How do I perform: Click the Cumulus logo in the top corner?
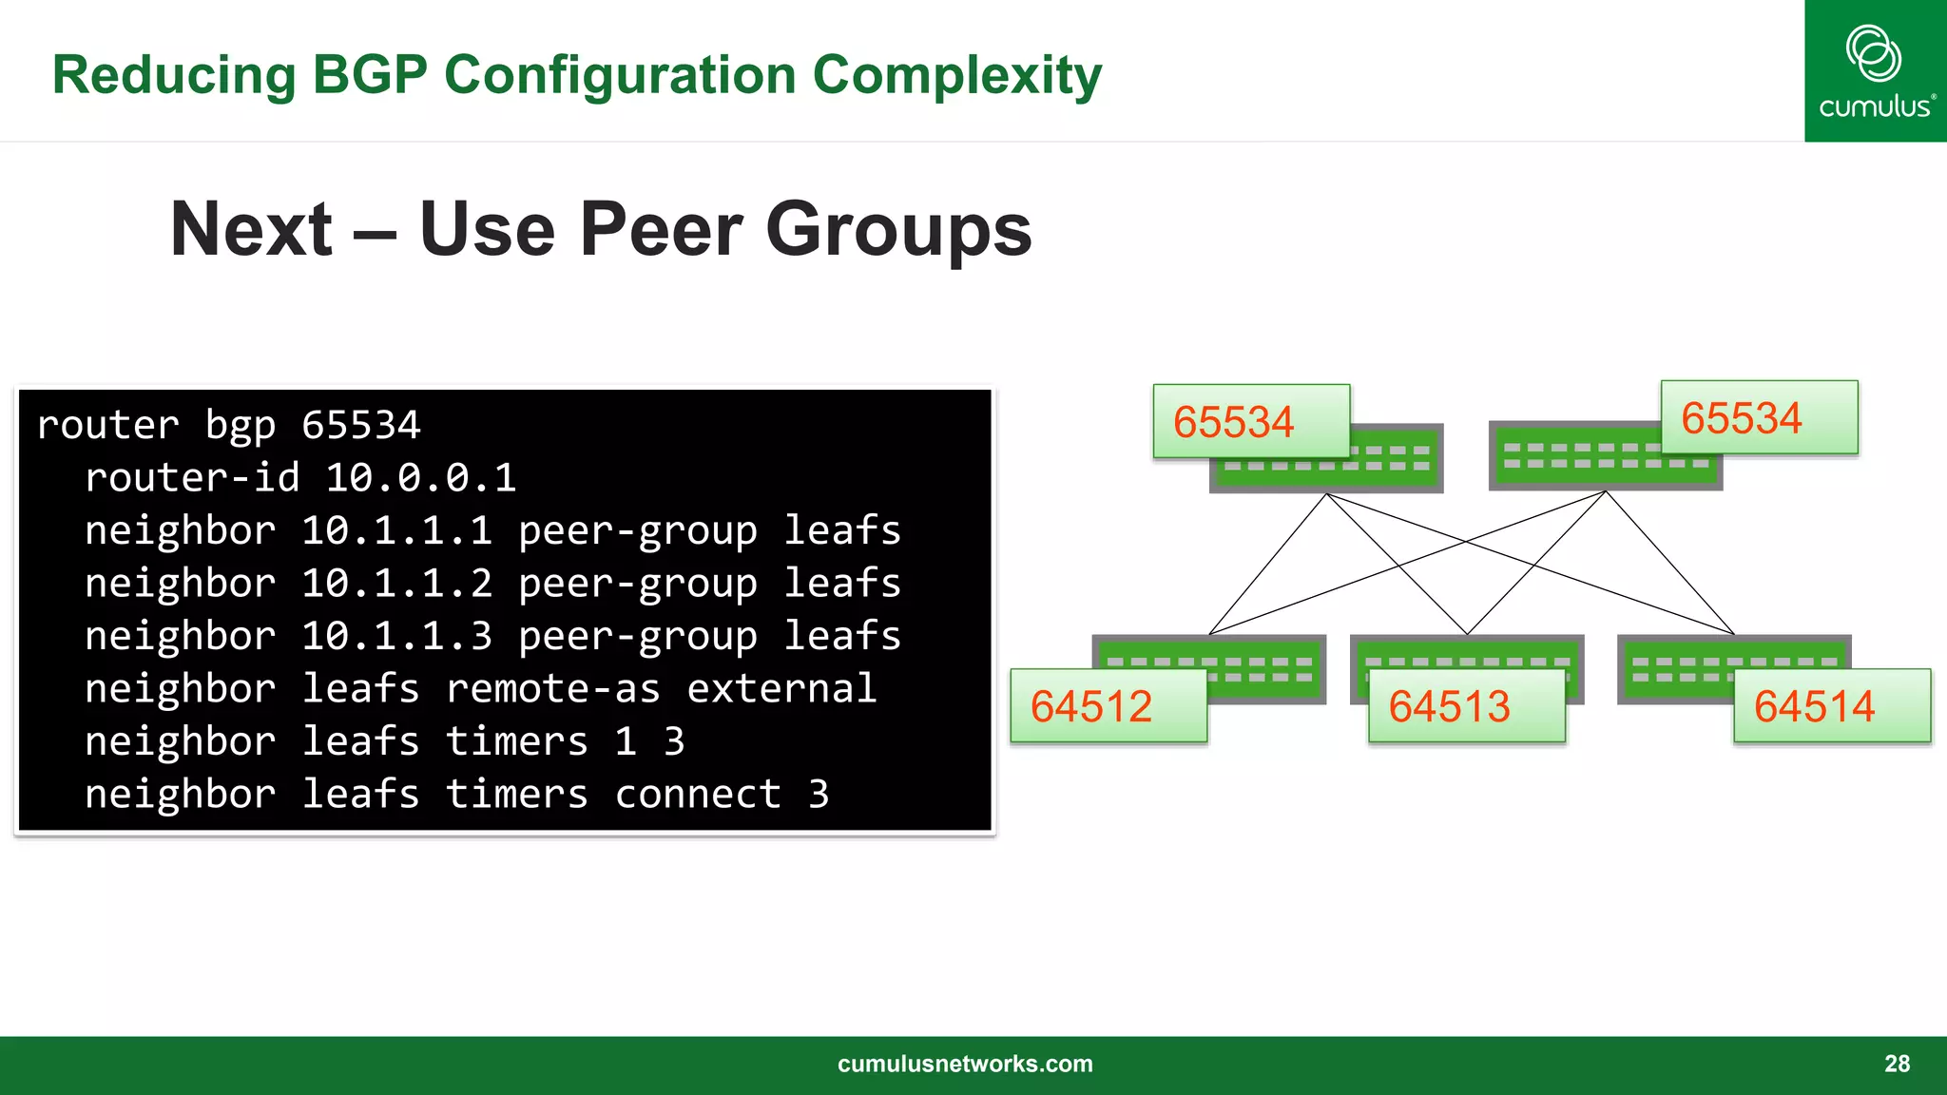pyautogui.click(x=1875, y=71)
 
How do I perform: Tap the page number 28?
pyautogui.click(x=1897, y=1064)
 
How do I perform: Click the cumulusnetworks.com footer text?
pyautogui.click(x=965, y=1064)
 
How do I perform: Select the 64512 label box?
pyautogui.click(x=1108, y=706)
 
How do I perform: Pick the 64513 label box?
pyautogui.click(x=1466, y=706)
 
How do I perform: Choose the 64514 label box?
pyautogui.click(x=1831, y=706)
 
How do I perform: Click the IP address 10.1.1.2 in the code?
pyautogui.click(x=396, y=583)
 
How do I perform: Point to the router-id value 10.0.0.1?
pyautogui.click(x=420, y=477)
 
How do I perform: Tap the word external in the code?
pyautogui.click(x=781, y=688)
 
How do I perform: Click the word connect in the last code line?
pyautogui.click(x=698, y=794)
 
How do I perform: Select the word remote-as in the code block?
pyautogui.click(x=552, y=688)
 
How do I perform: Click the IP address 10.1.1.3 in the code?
pyautogui.click(x=396, y=636)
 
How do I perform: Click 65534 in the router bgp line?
pyautogui.click(x=360, y=425)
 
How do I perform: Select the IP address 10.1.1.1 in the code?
pyautogui.click(x=396, y=530)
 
